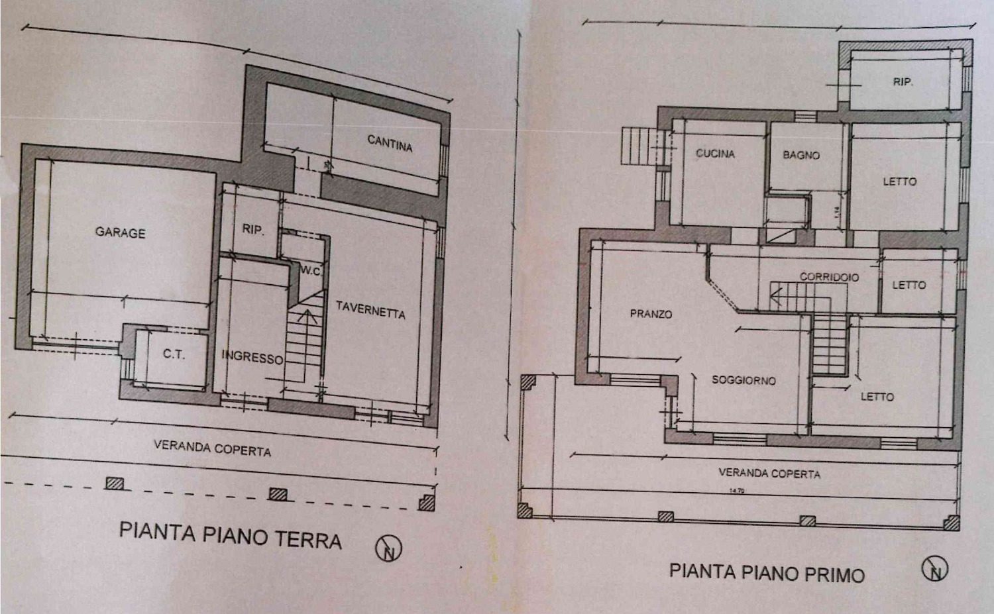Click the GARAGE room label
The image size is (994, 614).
pyautogui.click(x=120, y=232)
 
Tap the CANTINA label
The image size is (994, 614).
pyautogui.click(x=390, y=143)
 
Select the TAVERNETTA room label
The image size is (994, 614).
pyautogui.click(x=370, y=309)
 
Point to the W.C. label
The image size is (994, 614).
pyautogui.click(x=311, y=271)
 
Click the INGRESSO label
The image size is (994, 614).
pyautogui.click(x=252, y=358)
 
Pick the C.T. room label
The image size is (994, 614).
pyautogui.click(x=174, y=354)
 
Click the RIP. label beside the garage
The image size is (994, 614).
pyautogui.click(x=252, y=230)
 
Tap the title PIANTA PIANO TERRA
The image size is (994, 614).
pyautogui.click(x=230, y=536)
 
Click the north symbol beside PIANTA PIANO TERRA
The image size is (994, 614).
pyautogui.click(x=389, y=548)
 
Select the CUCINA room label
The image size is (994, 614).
pyautogui.click(x=715, y=154)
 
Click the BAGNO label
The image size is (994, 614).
pyautogui.click(x=801, y=155)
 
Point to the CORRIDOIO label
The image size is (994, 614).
pyautogui.click(x=829, y=277)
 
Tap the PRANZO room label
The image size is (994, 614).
pyautogui.click(x=651, y=314)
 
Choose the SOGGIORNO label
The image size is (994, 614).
pyautogui.click(x=744, y=380)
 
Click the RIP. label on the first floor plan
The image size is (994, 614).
pyautogui.click(x=903, y=82)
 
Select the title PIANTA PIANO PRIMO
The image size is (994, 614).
pyautogui.click(x=767, y=572)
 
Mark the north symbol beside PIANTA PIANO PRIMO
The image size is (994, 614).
pyautogui.click(x=935, y=569)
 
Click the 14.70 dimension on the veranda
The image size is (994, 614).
pyautogui.click(x=736, y=491)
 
